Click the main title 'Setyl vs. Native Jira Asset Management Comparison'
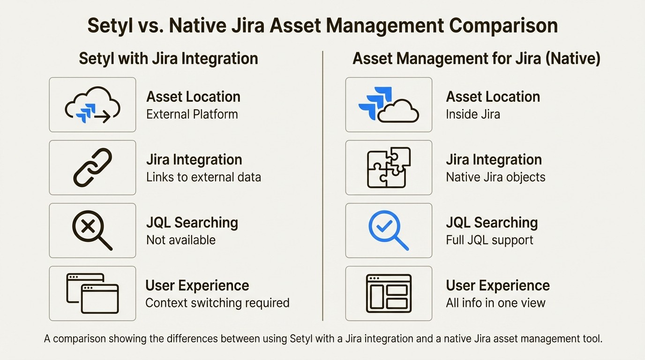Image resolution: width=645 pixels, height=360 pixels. (322, 26)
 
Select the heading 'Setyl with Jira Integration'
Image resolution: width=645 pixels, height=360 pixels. (168, 59)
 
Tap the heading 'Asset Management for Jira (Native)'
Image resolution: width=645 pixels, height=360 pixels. (476, 59)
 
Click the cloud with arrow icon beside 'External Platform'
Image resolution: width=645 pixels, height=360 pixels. (92, 105)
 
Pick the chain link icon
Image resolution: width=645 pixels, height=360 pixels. (92, 167)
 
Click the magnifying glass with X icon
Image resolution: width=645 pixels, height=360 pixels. (92, 230)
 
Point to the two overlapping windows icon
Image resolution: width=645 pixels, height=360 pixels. (92, 293)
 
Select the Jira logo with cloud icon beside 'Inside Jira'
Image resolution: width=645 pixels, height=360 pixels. (389, 105)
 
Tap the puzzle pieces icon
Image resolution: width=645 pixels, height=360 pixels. (389, 167)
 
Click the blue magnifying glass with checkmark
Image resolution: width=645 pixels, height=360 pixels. (389, 230)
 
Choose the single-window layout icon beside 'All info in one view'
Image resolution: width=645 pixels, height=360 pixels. (389, 293)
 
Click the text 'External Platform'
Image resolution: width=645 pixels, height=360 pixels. (192, 114)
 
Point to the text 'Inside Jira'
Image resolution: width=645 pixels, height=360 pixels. (472, 114)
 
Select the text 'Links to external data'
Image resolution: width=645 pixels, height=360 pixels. (203, 177)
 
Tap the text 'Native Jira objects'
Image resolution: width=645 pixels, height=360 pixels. (495, 177)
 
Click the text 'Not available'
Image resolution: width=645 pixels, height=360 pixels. (181, 240)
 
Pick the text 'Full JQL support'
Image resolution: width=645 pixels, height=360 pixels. (489, 240)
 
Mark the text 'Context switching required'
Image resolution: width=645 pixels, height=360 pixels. (217, 303)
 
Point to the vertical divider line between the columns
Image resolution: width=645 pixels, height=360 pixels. (323, 187)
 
